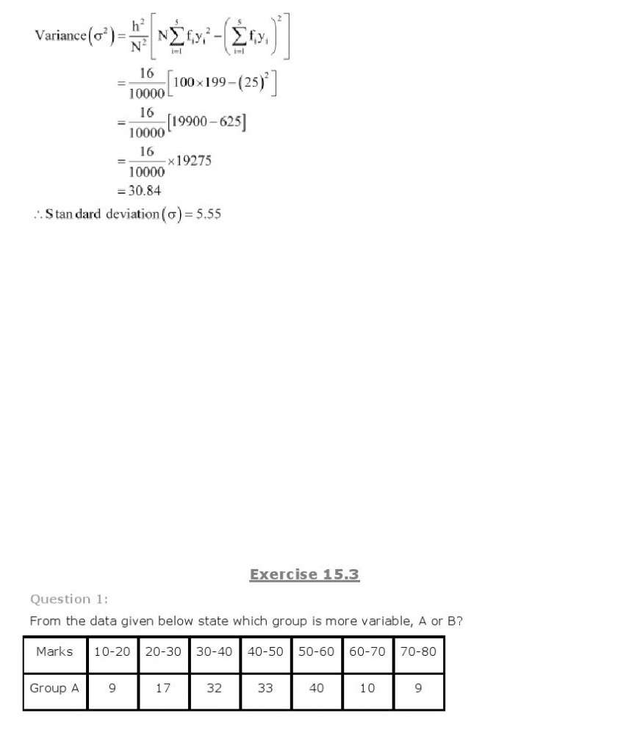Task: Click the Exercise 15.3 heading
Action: [304, 574]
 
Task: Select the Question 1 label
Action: [68, 599]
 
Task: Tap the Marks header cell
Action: [54, 651]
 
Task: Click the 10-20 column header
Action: [112, 651]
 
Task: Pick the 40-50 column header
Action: [265, 651]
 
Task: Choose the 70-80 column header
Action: [418, 651]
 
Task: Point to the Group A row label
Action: [54, 688]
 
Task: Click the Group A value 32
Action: [214, 688]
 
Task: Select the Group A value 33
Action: [265, 688]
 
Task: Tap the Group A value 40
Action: [316, 688]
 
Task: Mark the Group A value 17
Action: [163, 688]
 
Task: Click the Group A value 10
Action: [367, 688]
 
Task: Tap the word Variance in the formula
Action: [60, 35]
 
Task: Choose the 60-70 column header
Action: [367, 651]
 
